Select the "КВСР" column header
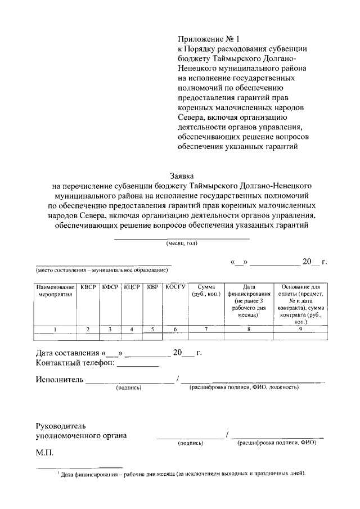coord(88,287)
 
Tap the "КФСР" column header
coord(110,287)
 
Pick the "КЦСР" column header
coord(132,287)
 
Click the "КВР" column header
coord(152,287)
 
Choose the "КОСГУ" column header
coord(175,287)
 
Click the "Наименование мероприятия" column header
coord(55,291)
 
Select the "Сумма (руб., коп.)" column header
coord(206,291)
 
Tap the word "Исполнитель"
coord(60,380)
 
